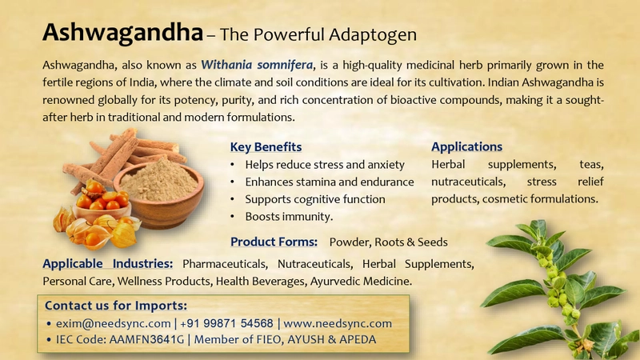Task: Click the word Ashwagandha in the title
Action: [x=123, y=33]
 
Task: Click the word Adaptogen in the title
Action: [x=373, y=35]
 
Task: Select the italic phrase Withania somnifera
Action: [x=257, y=65]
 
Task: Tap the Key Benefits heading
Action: [x=266, y=147]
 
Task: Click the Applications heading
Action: [x=466, y=146]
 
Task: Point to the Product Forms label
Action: [x=274, y=242]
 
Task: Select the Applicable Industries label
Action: [x=108, y=264]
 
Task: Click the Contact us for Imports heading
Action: [x=116, y=306]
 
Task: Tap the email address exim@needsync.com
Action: [x=114, y=323]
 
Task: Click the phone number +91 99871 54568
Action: [x=226, y=323]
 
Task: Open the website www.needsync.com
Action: [x=338, y=323]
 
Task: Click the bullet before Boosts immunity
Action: [x=232, y=217]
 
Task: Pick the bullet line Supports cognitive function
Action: [x=315, y=199]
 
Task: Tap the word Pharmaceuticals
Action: [x=225, y=264]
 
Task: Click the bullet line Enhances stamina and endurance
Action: [x=330, y=182]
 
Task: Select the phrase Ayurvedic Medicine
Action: [x=361, y=282]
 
